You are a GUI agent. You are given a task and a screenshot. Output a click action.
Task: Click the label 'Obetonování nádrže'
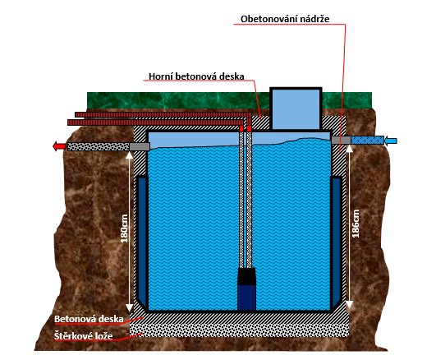click(285, 19)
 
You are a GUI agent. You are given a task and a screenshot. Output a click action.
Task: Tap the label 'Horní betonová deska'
click(196, 76)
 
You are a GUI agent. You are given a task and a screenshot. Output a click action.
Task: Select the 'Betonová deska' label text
click(89, 319)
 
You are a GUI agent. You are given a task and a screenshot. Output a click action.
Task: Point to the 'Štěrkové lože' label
click(84, 336)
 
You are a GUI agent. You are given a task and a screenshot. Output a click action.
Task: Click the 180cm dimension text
click(124, 228)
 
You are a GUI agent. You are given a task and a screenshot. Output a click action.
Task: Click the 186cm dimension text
click(356, 224)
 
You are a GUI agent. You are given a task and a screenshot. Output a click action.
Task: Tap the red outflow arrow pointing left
click(59, 146)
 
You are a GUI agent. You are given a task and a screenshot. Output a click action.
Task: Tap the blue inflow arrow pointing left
click(390, 141)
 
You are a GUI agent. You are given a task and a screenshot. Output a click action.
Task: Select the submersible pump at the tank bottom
click(246, 289)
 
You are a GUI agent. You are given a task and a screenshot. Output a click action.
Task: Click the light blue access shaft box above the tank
click(296, 108)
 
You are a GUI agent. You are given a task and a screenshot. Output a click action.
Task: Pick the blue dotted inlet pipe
click(367, 140)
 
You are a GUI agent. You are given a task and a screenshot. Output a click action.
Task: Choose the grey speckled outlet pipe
click(99, 147)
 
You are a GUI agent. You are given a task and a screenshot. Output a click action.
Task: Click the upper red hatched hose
click(163, 114)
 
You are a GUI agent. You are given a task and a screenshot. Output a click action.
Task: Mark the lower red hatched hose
click(156, 122)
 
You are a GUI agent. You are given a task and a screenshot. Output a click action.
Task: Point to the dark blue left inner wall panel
click(142, 240)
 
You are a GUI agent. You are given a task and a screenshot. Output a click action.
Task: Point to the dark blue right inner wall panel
click(336, 240)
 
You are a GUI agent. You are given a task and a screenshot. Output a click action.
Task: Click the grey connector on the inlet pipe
click(341, 140)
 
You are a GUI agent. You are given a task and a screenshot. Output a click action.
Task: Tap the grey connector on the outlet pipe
click(140, 147)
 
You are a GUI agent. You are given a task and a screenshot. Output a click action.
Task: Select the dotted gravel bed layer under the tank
click(240, 330)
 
